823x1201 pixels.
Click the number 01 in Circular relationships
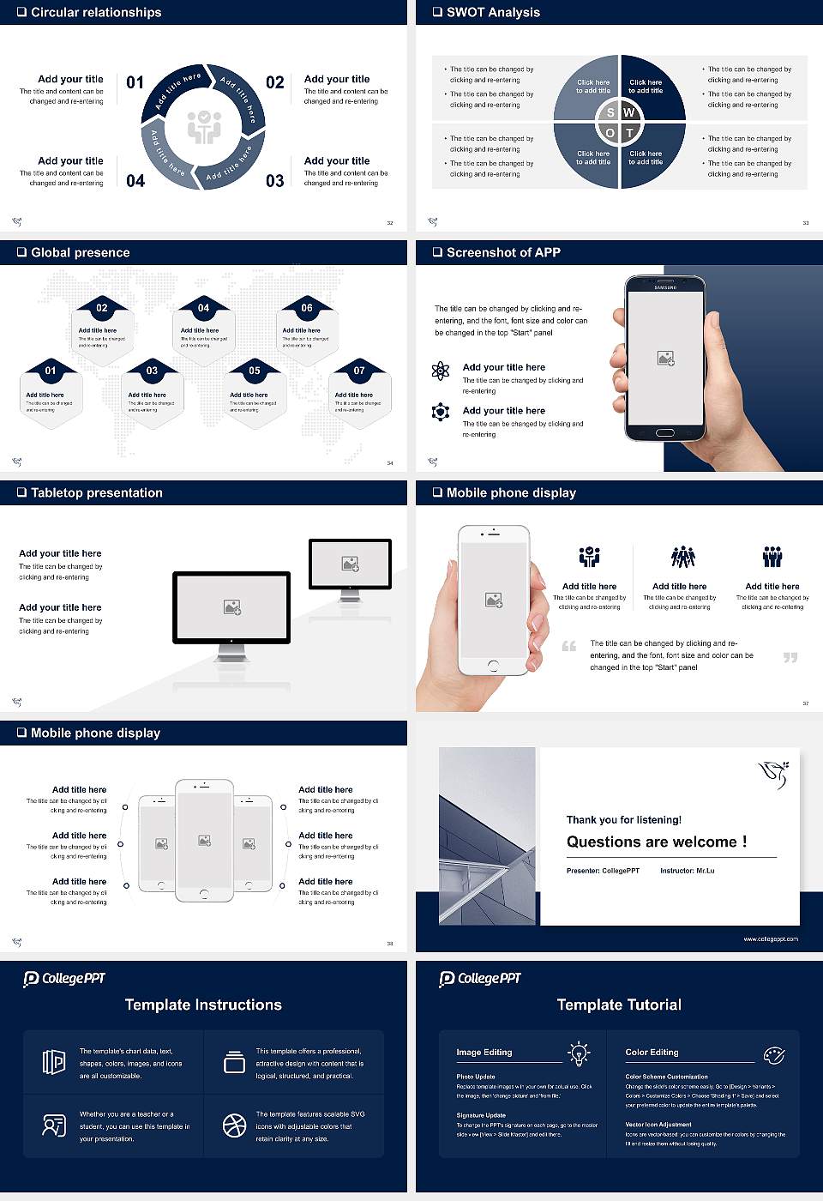click(x=135, y=82)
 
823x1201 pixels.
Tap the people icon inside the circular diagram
click(x=204, y=126)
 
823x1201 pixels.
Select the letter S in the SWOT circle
click(x=610, y=112)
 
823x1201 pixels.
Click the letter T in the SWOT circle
click(x=629, y=133)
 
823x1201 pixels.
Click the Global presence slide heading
click(x=80, y=252)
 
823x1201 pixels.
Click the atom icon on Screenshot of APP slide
click(x=441, y=371)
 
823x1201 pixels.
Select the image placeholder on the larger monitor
click(x=231, y=607)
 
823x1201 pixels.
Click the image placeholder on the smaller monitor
click(x=350, y=564)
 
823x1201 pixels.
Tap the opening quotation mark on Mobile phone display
click(x=568, y=646)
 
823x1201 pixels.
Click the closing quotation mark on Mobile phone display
click(x=790, y=657)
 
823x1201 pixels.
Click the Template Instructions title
click(x=203, y=1005)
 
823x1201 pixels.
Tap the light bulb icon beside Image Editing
click(x=579, y=1053)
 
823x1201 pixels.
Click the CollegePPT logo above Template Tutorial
click(x=480, y=979)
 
